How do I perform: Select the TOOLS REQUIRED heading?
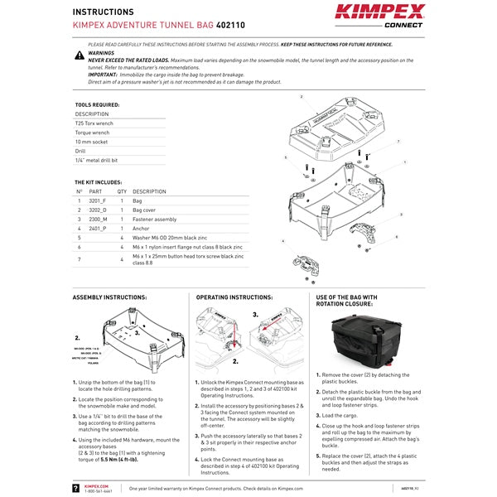coord(97,105)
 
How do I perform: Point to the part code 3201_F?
coord(99,201)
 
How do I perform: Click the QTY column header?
coord(121,191)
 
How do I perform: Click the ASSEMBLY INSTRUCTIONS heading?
coord(110,297)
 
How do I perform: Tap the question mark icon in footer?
coord(76,489)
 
